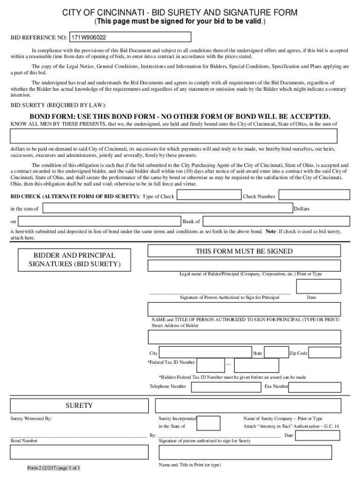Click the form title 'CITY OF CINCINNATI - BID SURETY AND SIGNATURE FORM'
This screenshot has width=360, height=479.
pyautogui.click(x=180, y=13)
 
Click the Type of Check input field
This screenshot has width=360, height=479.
pyautogui.click(x=208, y=196)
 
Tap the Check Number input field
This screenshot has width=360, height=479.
pyautogui.click(x=313, y=196)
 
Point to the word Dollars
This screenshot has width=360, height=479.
pyautogui.click(x=302, y=209)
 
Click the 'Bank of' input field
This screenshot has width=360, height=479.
pyautogui.click(x=276, y=221)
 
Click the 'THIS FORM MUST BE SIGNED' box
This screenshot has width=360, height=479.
pyautogui.click(x=244, y=251)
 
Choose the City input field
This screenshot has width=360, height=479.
pyautogui.click(x=205, y=353)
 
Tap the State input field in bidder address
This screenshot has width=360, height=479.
pyautogui.click(x=276, y=353)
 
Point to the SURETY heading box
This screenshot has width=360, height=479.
pyautogui.click(x=79, y=406)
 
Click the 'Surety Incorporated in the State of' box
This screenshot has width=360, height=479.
pyautogui.click(x=209, y=422)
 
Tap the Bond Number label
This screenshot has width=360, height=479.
pyautogui.click(x=24, y=441)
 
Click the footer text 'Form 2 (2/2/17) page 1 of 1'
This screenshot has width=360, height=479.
pyautogui.click(x=54, y=468)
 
